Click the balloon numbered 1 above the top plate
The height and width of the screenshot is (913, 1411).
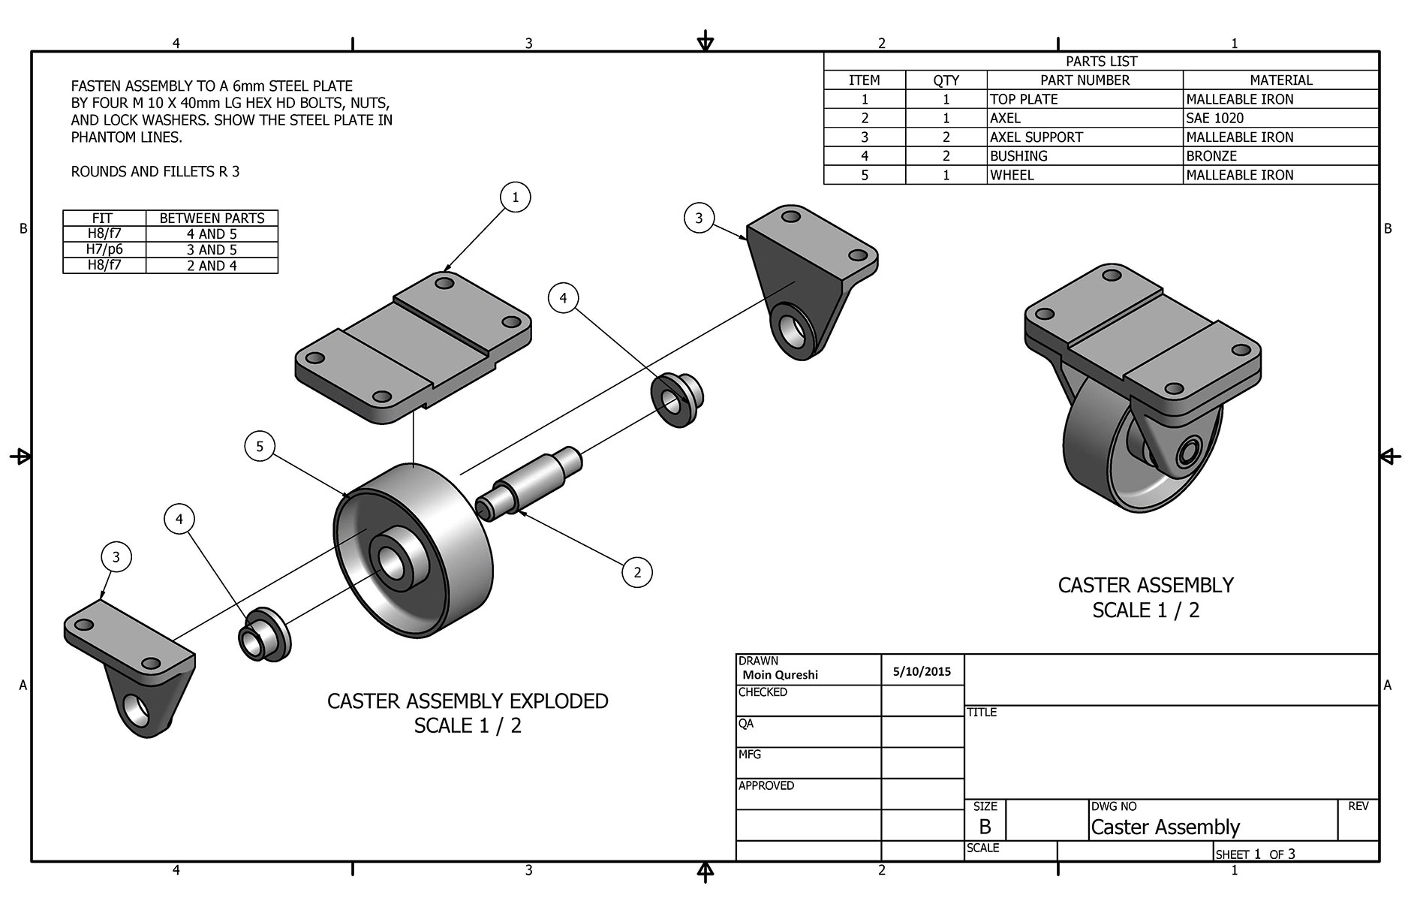click(x=515, y=197)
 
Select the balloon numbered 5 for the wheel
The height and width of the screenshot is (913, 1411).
click(x=260, y=447)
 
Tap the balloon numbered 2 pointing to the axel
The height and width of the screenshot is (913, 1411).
click(x=637, y=573)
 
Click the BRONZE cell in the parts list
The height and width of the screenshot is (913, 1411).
click(x=1211, y=156)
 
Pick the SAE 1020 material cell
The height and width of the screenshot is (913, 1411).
click(x=1214, y=118)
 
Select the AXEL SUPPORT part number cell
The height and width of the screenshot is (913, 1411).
click(x=1036, y=137)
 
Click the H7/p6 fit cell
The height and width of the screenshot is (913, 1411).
click(x=104, y=249)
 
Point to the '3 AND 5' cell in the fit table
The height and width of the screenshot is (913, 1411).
click(x=212, y=249)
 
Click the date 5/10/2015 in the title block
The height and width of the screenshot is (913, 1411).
click(x=922, y=672)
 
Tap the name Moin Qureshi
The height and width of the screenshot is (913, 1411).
click(x=780, y=675)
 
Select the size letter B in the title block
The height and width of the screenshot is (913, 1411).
click(x=985, y=827)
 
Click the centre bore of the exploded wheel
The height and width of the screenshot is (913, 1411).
click(x=391, y=559)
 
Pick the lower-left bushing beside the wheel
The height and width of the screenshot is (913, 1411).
click(x=263, y=634)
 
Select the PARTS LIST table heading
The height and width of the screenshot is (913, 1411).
click(x=1101, y=62)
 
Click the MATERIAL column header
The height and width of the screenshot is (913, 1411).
click(x=1280, y=80)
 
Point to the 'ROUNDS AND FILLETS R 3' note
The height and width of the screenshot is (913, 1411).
click(x=155, y=172)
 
